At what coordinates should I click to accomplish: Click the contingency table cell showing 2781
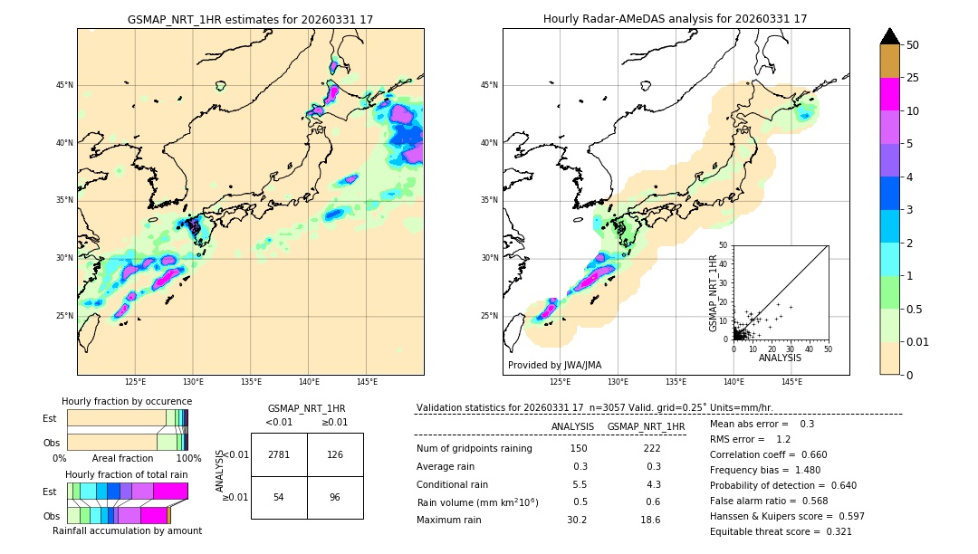[279, 454]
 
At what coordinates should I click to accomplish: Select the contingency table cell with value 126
[335, 454]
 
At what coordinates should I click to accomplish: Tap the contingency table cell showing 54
[279, 498]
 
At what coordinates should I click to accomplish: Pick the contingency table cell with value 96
[335, 498]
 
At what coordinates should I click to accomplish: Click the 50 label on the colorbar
[913, 44]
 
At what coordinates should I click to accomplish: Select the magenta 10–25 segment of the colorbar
[889, 94]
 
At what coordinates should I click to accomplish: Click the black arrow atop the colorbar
[889, 36]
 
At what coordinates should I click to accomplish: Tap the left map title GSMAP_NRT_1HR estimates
[250, 19]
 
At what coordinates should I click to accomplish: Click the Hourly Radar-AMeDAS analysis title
[676, 19]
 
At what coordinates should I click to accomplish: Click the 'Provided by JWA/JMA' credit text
[554, 366]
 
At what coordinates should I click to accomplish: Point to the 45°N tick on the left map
[64, 85]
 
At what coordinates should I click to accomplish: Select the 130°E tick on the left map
[193, 382]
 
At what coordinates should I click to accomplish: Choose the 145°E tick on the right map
[791, 382]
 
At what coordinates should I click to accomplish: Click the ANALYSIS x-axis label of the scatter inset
[780, 358]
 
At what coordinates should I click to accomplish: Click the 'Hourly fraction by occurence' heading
[127, 401]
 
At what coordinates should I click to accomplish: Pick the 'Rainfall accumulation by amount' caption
[127, 530]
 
